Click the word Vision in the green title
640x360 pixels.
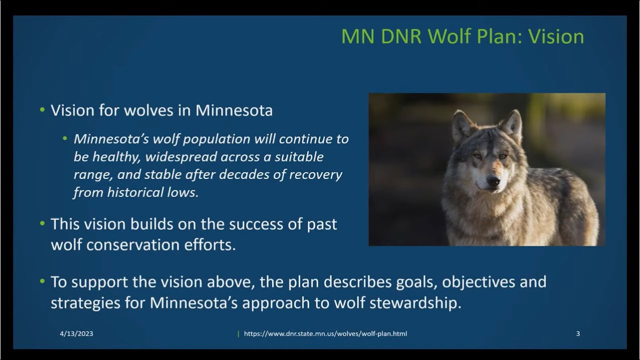coord(555,36)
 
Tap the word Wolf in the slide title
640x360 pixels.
coord(449,36)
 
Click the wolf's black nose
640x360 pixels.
coord(493,181)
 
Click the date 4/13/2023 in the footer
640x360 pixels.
coord(76,333)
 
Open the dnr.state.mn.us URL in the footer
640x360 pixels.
coord(325,333)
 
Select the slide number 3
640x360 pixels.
coord(578,333)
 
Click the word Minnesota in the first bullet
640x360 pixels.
coord(234,110)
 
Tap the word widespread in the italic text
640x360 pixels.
coord(181,157)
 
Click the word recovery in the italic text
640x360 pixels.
coord(315,175)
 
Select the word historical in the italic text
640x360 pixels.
coord(135,192)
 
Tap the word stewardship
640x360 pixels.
coord(415,303)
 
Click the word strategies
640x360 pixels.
coord(85,303)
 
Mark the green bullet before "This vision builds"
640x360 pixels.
coord(42,223)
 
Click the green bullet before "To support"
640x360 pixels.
coord(42,281)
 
